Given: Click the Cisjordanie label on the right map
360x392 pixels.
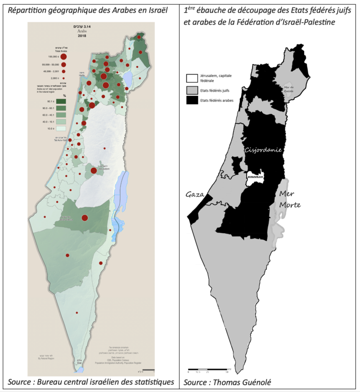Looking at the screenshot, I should point(263,150).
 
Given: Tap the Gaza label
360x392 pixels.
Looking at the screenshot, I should point(195,195).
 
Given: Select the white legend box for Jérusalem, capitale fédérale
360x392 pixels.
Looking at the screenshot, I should point(192,78).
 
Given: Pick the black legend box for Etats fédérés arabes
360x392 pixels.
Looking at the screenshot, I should point(192,100).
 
